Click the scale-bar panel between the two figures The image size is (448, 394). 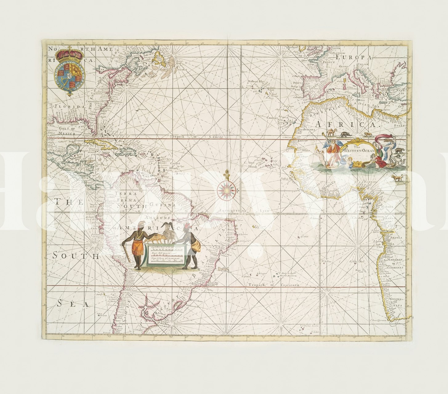(163, 254)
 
